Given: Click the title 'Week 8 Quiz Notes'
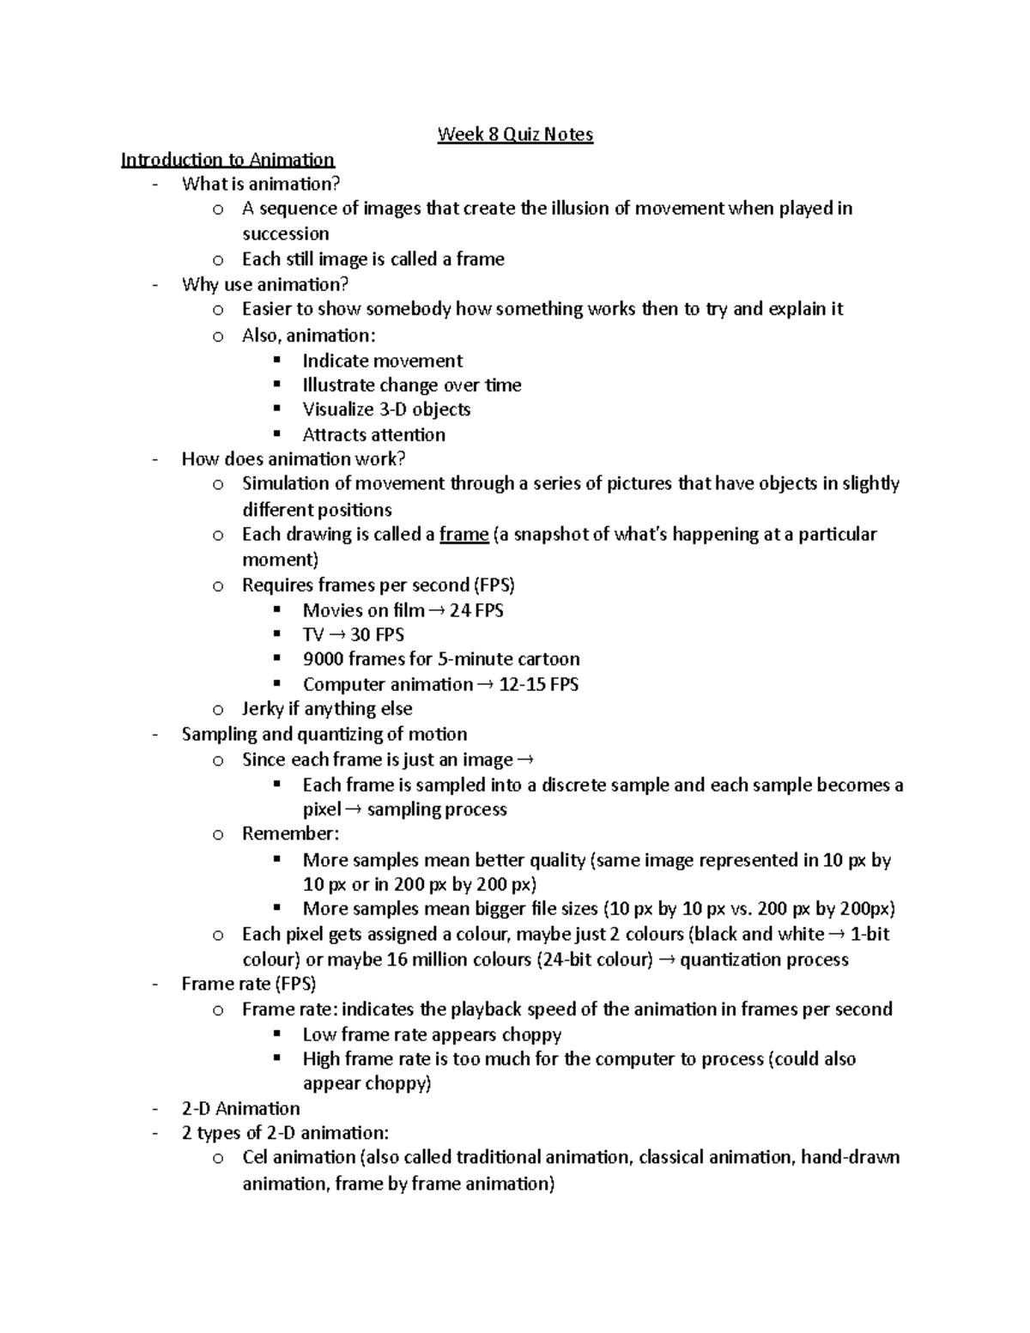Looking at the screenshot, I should tap(515, 134).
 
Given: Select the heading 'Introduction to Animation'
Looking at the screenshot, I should tap(227, 160).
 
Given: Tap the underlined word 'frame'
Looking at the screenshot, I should tap(463, 535).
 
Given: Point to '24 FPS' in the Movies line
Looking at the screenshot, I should tap(476, 610).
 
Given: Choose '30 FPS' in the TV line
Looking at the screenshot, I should tap(377, 635).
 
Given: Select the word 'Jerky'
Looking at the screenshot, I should tap(263, 709).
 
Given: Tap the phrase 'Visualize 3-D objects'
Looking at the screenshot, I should tap(386, 409).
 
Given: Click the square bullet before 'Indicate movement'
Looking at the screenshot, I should tap(276, 360).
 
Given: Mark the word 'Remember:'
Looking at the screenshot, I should tap(291, 833).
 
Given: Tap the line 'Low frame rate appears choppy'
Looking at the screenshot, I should tap(432, 1034).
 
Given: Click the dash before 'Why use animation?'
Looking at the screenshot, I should tap(154, 284).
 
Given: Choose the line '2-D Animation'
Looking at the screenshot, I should tap(240, 1108).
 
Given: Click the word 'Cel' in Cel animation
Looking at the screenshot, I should tap(255, 1157).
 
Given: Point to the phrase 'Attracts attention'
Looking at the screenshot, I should tap(373, 434).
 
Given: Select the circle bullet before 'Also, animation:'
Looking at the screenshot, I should tap(218, 336).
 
